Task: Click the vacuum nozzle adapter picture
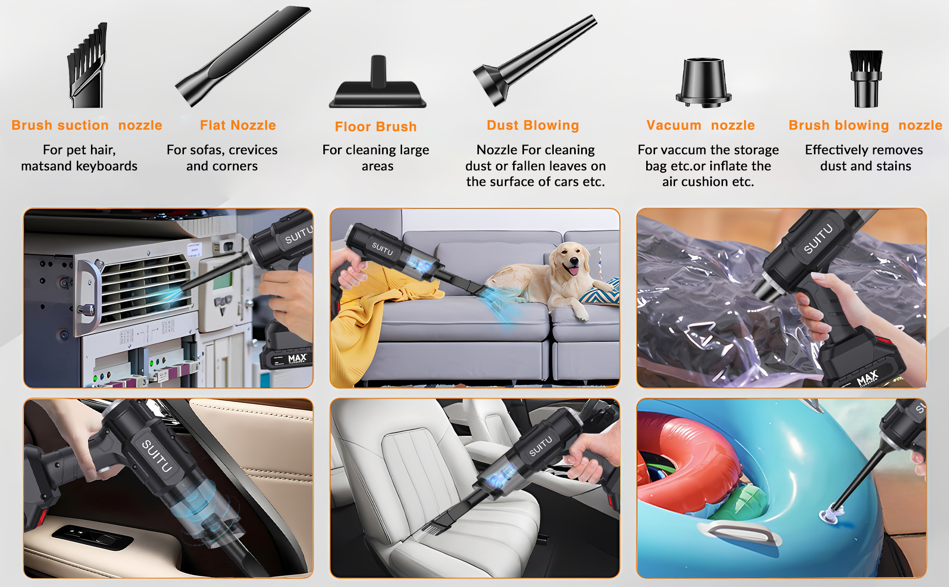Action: click(x=703, y=82)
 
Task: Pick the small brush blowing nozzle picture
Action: click(x=866, y=78)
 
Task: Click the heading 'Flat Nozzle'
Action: click(x=238, y=125)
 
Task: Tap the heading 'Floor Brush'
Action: click(x=376, y=127)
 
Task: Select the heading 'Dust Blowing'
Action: click(x=533, y=125)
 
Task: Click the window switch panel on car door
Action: click(x=93, y=538)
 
